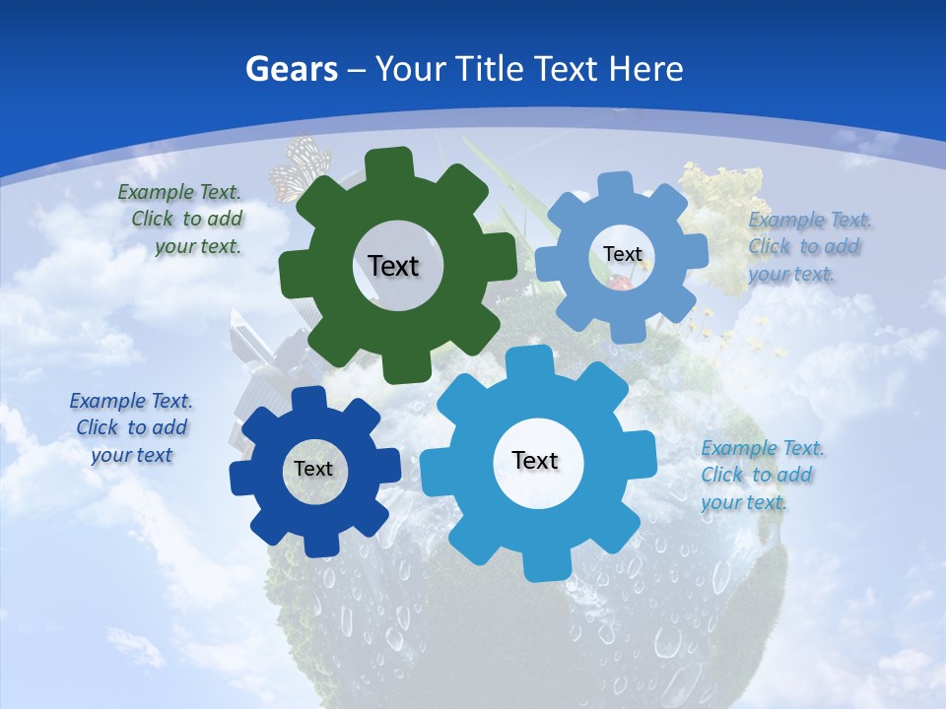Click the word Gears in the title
(291, 69)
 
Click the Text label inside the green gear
(393, 266)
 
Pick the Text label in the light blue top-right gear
(622, 254)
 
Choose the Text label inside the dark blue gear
(313, 469)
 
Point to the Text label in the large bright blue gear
(535, 460)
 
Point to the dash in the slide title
(358, 69)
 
